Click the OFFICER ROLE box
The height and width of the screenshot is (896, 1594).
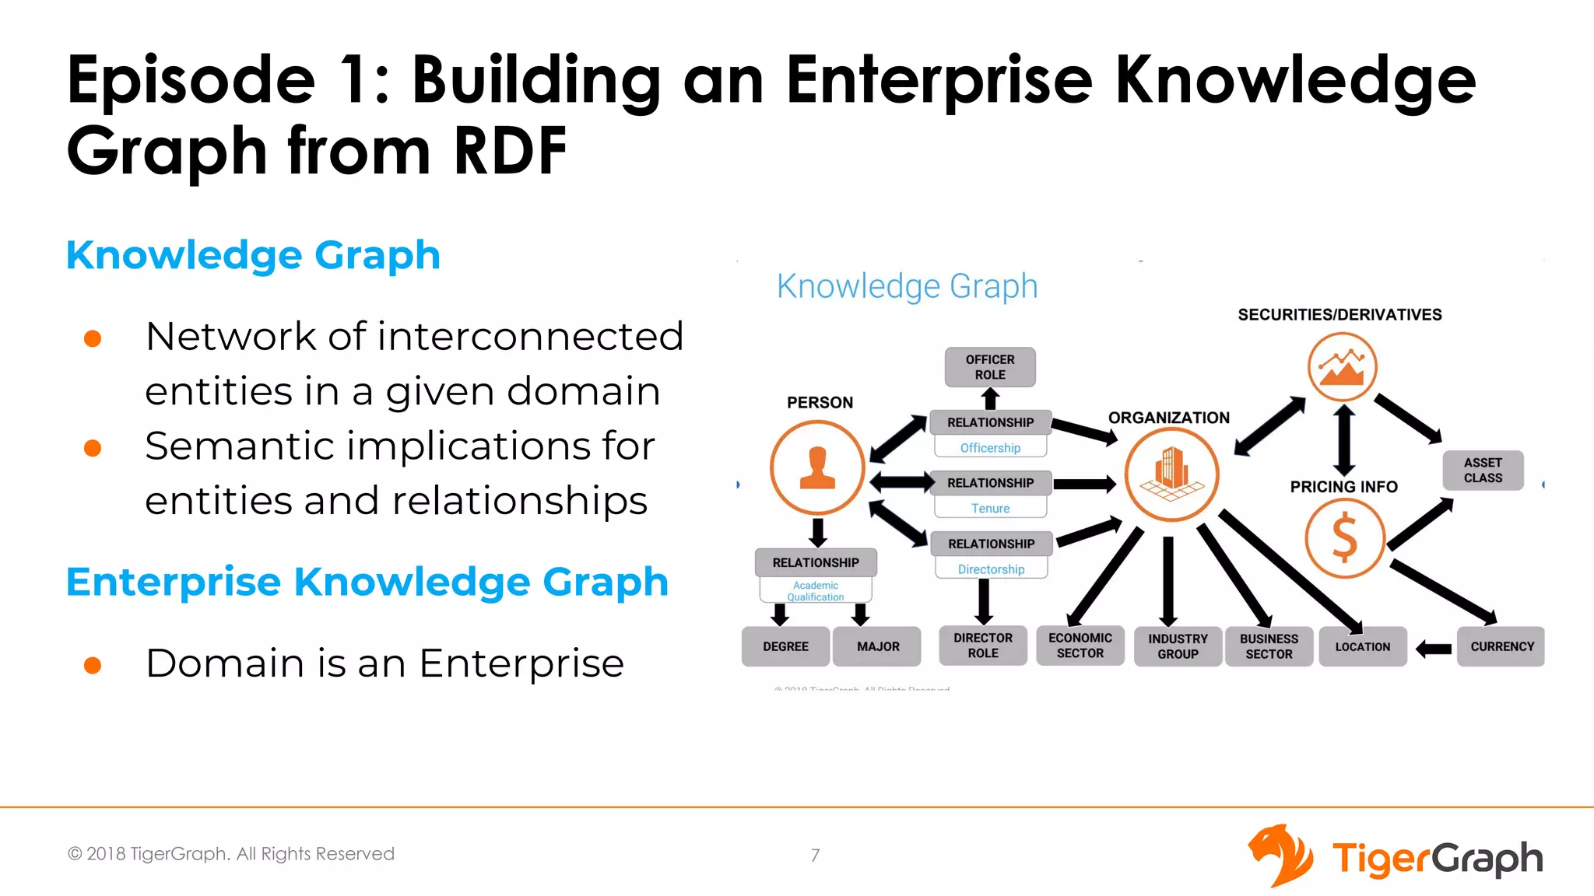[990, 367]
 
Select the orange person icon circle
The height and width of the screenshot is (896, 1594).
[817, 467]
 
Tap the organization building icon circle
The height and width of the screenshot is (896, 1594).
[1171, 474]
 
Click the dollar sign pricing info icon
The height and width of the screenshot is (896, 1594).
[1344, 538]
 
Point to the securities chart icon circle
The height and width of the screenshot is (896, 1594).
[1342, 366]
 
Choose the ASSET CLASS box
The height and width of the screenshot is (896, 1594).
[1483, 471]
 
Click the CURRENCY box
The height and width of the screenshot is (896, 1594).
[1501, 646]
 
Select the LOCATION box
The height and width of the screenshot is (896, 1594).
[1363, 646]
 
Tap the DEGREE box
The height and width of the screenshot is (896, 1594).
[785, 646]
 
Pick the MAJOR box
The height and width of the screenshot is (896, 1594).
[877, 646]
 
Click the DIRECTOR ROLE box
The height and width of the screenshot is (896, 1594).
[983, 646]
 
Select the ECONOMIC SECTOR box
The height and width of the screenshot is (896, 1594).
[1080, 646]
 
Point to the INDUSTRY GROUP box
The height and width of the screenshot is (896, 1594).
[1178, 646]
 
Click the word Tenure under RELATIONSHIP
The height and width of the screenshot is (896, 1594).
[990, 508]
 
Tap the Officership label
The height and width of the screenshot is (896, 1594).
[990, 448]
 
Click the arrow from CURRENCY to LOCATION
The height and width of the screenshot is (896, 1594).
[1433, 648]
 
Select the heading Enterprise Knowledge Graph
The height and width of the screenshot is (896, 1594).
[367, 582]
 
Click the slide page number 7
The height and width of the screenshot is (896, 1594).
[815, 856]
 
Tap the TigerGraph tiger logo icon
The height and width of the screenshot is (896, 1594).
[1280, 856]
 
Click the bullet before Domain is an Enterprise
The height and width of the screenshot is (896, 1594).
[93, 665]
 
